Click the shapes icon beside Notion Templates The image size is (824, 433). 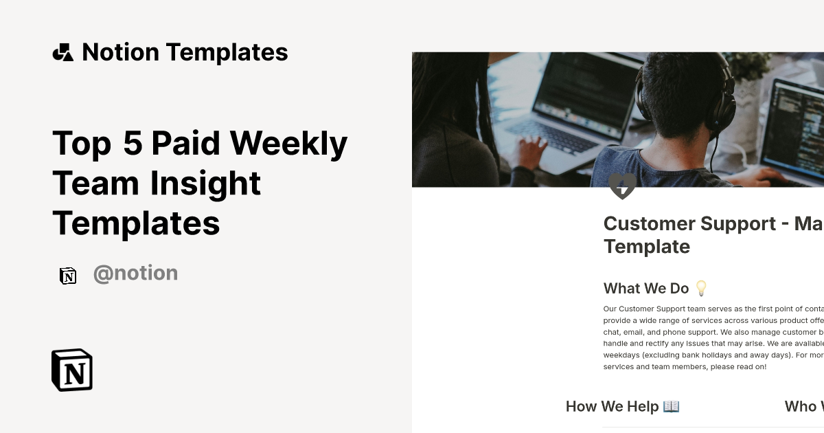pos(63,52)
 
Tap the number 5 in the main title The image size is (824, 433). pos(133,143)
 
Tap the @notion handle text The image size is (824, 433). pos(135,274)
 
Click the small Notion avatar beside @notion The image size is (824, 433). pos(68,276)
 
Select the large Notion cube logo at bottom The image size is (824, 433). pos(72,370)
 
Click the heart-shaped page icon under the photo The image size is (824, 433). pos(622,186)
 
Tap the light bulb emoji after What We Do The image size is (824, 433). pos(701,288)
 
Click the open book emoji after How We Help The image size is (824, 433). pos(671,406)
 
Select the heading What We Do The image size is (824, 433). pos(645,289)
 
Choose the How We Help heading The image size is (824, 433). pos(612,407)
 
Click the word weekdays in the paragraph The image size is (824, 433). pos(622,355)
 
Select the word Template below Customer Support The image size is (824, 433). pos(646,246)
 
